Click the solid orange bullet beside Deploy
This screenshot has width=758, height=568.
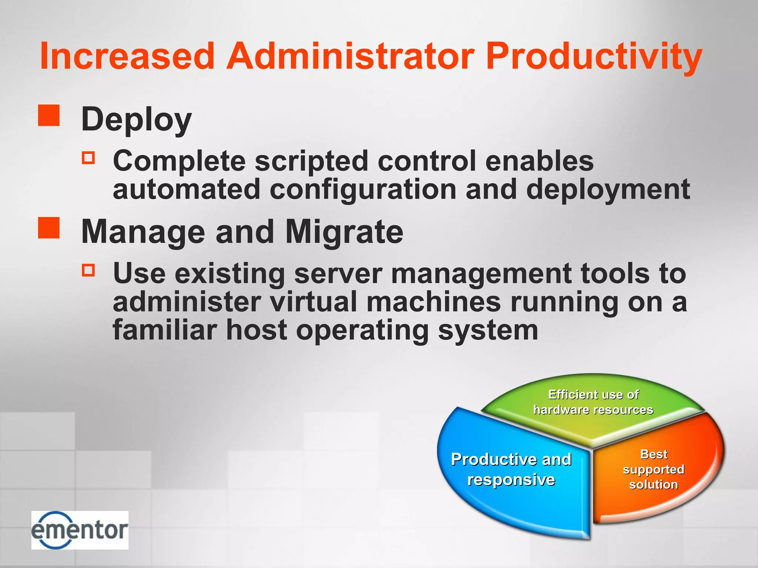[49, 115]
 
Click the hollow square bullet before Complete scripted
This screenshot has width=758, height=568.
[88, 158]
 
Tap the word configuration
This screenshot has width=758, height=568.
[363, 190]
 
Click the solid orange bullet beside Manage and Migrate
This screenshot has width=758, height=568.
[49, 228]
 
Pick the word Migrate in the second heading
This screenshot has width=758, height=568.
[344, 232]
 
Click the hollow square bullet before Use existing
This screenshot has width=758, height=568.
[88, 270]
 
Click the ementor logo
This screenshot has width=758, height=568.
[80, 530]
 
